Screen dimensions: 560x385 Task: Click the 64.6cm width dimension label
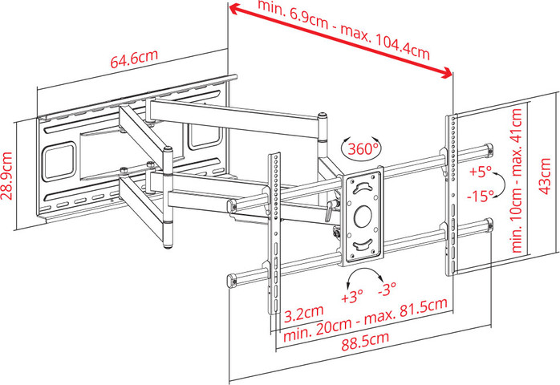pos(134,59)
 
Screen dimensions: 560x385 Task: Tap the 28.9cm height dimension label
pos(6,176)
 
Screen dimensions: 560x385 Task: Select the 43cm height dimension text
pos(546,176)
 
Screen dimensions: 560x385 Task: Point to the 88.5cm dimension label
pos(365,341)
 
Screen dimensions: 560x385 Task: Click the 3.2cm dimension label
pos(304,314)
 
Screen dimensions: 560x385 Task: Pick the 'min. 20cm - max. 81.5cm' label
pos(365,320)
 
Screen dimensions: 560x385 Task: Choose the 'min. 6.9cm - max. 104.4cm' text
pos(343,30)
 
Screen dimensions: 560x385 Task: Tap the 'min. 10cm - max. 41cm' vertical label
pos(517,180)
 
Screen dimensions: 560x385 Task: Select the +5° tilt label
pos(481,171)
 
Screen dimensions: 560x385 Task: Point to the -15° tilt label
pos(481,196)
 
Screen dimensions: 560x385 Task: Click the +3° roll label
pos(352,296)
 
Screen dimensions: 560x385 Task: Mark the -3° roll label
pos(388,289)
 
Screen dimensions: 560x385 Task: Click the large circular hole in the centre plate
pos(363,216)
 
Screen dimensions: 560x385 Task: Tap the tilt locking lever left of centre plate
pos(330,210)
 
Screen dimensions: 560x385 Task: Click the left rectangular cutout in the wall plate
pos(59,161)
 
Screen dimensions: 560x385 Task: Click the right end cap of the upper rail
pos(489,149)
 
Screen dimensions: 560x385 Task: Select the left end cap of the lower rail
pos(232,281)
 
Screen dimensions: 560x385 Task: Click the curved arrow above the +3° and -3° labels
pos(365,271)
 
